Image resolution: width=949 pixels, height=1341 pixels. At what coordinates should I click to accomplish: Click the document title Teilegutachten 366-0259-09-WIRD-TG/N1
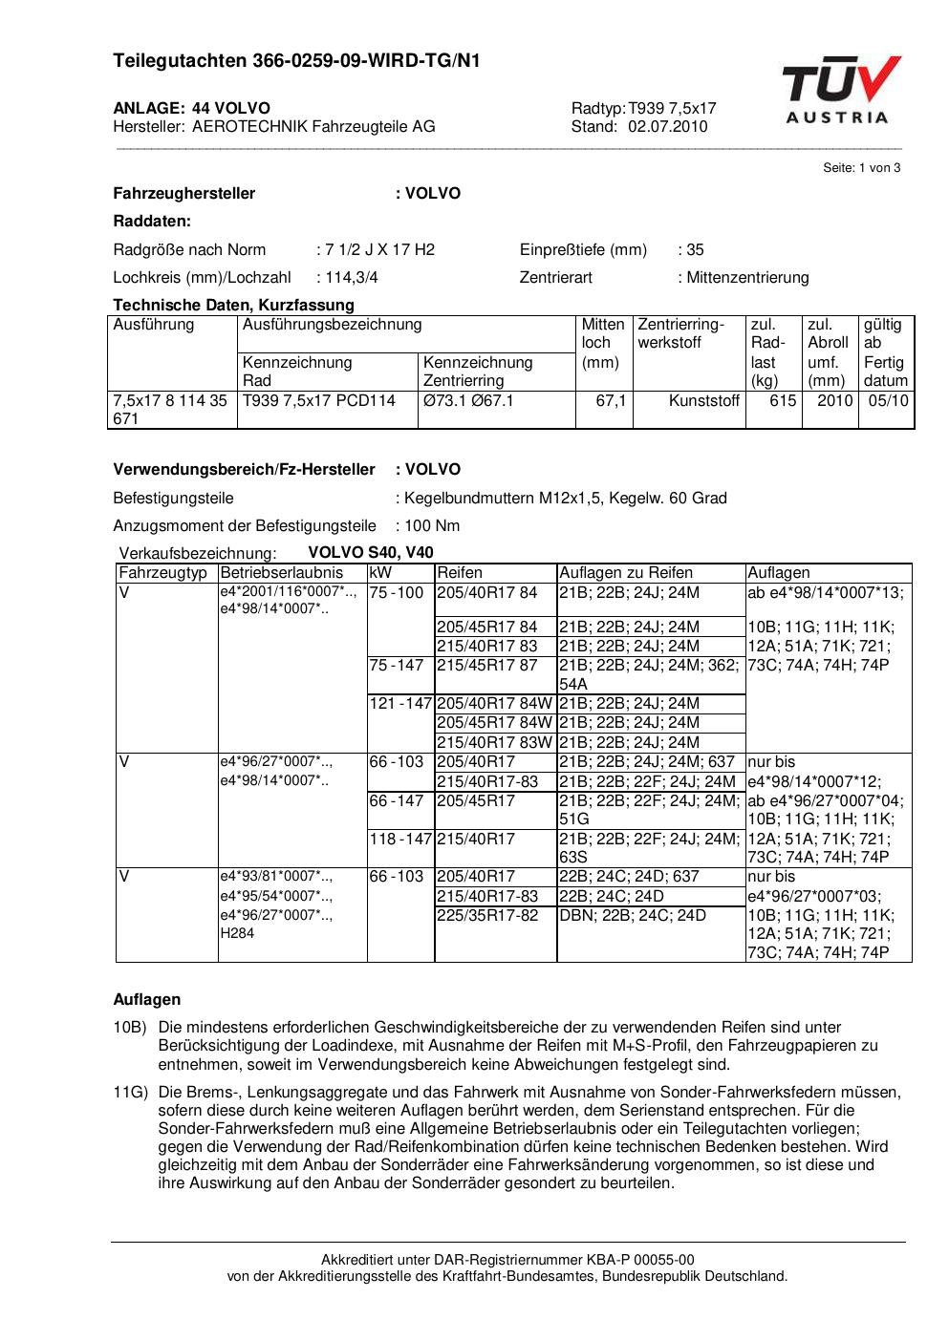click(x=296, y=62)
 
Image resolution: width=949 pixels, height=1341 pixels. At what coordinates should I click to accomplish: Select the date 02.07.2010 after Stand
click(x=668, y=126)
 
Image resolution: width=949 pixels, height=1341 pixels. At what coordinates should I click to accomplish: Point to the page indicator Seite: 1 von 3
click(x=861, y=168)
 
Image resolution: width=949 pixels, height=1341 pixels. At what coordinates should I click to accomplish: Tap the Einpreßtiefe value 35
click(x=695, y=250)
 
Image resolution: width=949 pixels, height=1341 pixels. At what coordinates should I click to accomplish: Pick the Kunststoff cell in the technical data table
click(x=703, y=401)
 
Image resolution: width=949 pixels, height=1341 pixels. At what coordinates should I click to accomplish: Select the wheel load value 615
click(x=783, y=401)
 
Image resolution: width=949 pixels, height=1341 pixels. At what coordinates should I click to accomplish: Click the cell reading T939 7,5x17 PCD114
click(x=319, y=401)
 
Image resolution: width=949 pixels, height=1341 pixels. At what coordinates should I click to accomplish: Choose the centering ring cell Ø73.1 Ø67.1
click(x=468, y=401)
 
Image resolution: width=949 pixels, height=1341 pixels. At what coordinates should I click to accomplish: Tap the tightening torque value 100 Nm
click(x=432, y=526)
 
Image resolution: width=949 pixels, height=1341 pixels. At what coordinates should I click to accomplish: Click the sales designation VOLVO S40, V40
click(x=371, y=553)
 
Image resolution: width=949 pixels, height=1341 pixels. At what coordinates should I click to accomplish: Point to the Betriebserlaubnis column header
click(x=281, y=573)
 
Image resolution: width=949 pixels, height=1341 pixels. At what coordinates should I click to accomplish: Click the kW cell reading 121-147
click(x=400, y=704)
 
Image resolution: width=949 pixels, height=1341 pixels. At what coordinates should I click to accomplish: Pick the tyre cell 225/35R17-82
click(x=487, y=916)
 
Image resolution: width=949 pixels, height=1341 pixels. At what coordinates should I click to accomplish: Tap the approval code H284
click(x=237, y=933)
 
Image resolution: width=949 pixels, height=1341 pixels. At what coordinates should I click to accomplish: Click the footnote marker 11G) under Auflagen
click(x=129, y=1092)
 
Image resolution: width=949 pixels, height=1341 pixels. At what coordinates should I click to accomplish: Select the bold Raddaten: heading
click(x=152, y=222)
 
